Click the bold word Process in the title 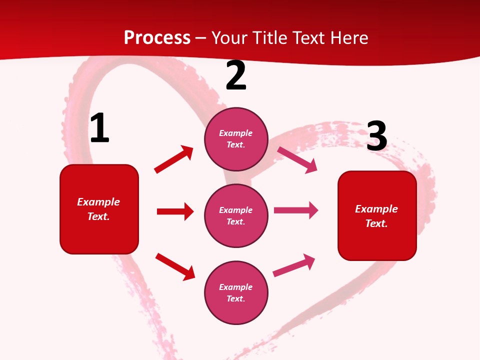(x=157, y=37)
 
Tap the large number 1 (x=99, y=128)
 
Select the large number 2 (x=236, y=76)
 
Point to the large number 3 (x=377, y=136)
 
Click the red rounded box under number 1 (x=99, y=209)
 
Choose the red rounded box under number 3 (x=377, y=216)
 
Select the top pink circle (x=236, y=139)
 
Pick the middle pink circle (x=236, y=216)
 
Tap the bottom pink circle (x=236, y=293)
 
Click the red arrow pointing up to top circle (x=174, y=159)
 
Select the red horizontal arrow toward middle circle (x=175, y=211)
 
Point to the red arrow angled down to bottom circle (x=175, y=266)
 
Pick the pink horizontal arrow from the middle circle (x=296, y=210)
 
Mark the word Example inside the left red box (x=98, y=202)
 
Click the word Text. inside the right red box (x=376, y=223)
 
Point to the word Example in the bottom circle (x=236, y=287)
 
